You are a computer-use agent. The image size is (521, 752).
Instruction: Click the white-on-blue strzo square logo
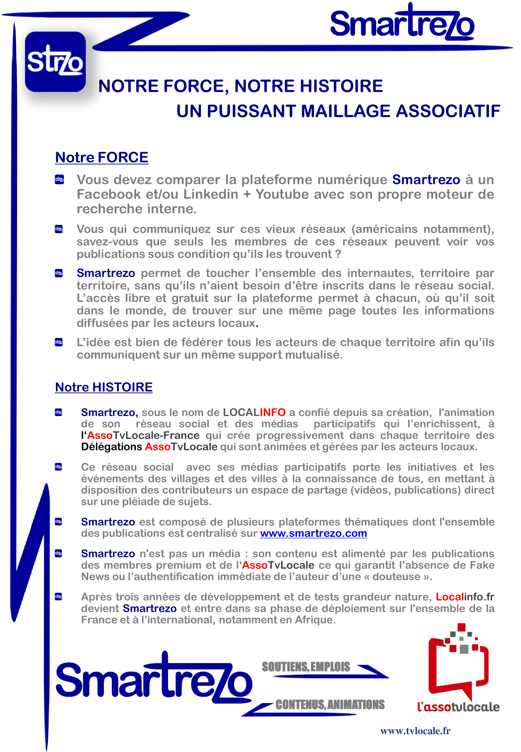pyautogui.click(x=55, y=62)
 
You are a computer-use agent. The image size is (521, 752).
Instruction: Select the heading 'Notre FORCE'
pyautogui.click(x=102, y=158)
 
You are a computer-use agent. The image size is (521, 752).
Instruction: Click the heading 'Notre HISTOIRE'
pyautogui.click(x=104, y=387)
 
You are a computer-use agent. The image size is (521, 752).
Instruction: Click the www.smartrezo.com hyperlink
pyautogui.click(x=313, y=533)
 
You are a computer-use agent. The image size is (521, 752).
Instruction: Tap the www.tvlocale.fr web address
pyautogui.click(x=415, y=731)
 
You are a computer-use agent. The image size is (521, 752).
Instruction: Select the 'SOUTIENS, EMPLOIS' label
pyautogui.click(x=306, y=667)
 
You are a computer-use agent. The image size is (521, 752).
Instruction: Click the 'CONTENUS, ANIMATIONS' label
pyautogui.click(x=330, y=705)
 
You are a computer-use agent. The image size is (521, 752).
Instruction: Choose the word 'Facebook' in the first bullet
pyautogui.click(x=108, y=194)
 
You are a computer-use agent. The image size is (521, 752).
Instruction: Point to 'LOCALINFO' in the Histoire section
pyautogui.click(x=254, y=412)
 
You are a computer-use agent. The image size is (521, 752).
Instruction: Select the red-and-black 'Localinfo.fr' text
pyautogui.click(x=465, y=597)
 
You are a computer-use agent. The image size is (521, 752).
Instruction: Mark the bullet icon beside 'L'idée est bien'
pyautogui.click(x=59, y=343)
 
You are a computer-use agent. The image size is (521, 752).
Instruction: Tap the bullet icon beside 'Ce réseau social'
pyautogui.click(x=59, y=467)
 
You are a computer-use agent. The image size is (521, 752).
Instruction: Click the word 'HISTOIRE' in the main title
pyautogui.click(x=341, y=86)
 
